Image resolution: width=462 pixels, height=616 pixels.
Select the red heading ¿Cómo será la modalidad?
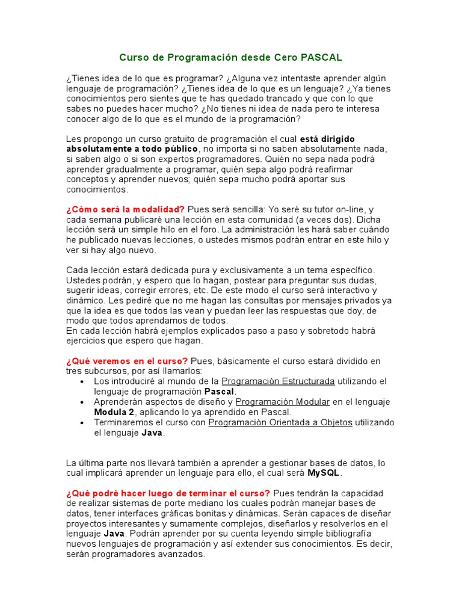point(125,209)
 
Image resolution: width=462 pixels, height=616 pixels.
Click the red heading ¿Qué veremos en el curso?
point(127,361)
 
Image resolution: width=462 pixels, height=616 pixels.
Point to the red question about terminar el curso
point(168,493)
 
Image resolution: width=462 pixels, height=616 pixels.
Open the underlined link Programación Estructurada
point(278,381)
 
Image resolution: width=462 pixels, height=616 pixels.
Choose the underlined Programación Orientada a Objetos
point(280,422)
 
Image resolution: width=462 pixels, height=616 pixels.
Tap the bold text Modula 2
point(114,412)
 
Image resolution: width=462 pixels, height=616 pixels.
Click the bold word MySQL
point(324,473)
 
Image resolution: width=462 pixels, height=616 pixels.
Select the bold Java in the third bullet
point(152,433)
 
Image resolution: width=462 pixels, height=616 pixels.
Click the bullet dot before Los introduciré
point(82,381)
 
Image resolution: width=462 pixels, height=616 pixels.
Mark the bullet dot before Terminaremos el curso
point(82,422)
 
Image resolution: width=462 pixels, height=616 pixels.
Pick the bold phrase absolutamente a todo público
point(132,149)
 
